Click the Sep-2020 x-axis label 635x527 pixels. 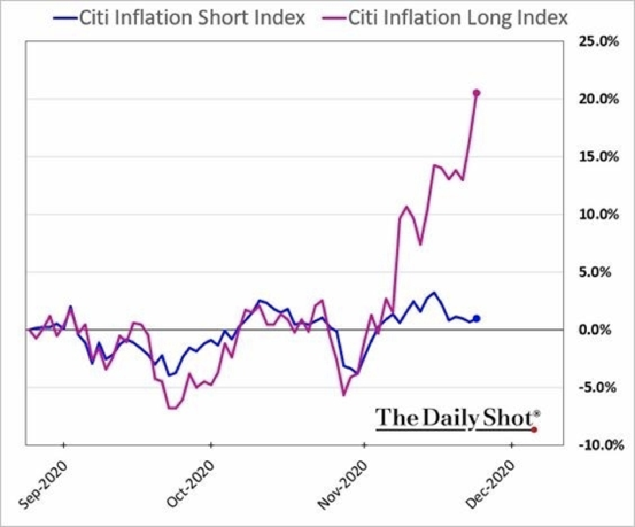click(x=44, y=485)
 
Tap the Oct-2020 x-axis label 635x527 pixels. click(x=191, y=485)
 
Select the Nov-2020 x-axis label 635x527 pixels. click(x=343, y=485)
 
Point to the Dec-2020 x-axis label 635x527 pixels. click(x=490, y=485)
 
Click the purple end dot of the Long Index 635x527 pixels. click(x=476, y=93)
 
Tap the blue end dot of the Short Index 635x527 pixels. click(x=476, y=319)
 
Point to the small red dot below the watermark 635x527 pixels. click(x=534, y=429)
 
